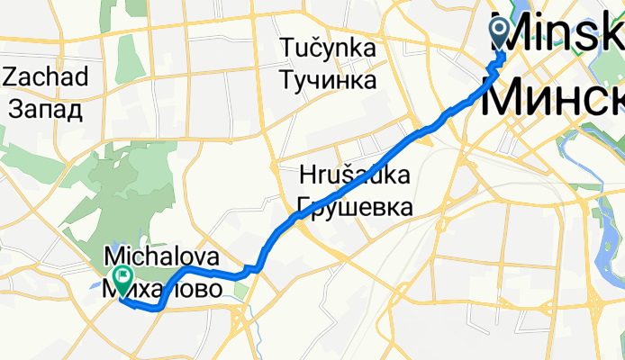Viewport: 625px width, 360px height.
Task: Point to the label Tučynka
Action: tap(328, 47)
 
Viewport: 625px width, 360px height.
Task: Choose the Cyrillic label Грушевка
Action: tap(354, 206)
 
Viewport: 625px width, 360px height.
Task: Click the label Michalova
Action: tap(162, 257)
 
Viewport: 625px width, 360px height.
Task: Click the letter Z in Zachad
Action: tap(10, 77)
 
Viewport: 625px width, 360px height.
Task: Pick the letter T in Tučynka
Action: tap(288, 47)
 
